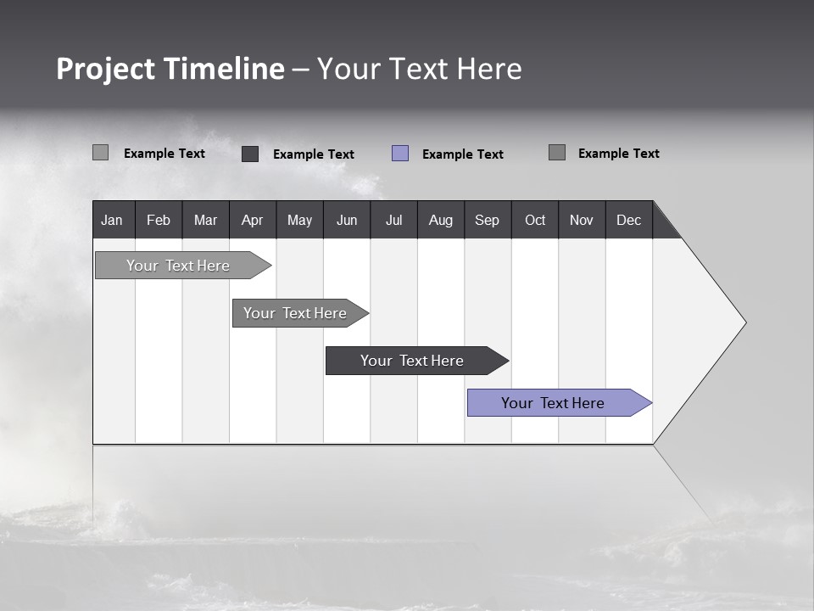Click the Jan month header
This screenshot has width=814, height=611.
click(x=113, y=220)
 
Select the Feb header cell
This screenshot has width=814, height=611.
click(x=159, y=220)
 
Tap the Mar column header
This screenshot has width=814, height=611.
click(x=205, y=220)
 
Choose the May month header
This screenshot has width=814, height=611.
click(x=299, y=220)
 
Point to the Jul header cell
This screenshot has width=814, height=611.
click(x=393, y=220)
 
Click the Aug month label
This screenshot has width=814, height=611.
click(x=441, y=220)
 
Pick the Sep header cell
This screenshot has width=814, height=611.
click(x=488, y=220)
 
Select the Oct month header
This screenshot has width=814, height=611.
click(x=535, y=220)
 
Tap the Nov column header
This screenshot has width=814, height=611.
click(x=582, y=220)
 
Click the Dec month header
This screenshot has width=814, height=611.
click(x=629, y=220)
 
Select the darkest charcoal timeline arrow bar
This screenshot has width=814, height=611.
click(x=413, y=361)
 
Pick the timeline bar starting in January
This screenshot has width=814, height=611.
click(x=179, y=266)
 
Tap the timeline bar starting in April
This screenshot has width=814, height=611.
click(x=296, y=313)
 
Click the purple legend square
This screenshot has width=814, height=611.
click(x=400, y=154)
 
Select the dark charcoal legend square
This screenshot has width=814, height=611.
click(x=250, y=154)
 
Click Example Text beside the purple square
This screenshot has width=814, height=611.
click(x=462, y=154)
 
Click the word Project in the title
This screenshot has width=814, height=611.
click(x=105, y=70)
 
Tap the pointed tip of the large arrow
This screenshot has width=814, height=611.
click(x=744, y=322)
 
